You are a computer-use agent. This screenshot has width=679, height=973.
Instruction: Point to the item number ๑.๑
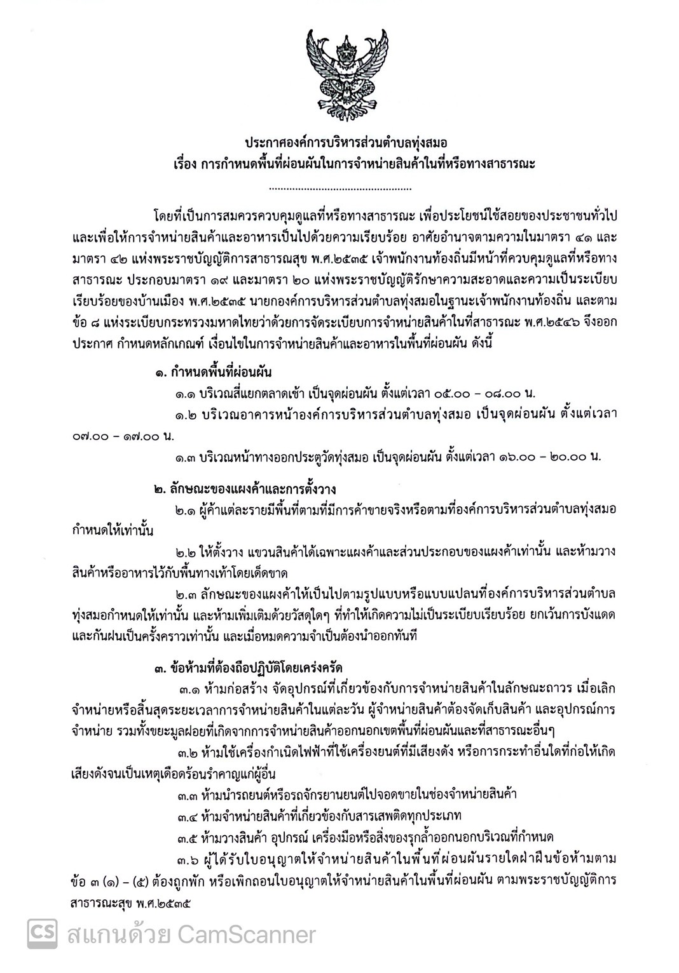coord(189,394)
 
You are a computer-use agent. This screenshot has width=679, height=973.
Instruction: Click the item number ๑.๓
coord(189,456)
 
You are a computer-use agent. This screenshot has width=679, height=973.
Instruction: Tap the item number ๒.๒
coord(189,551)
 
